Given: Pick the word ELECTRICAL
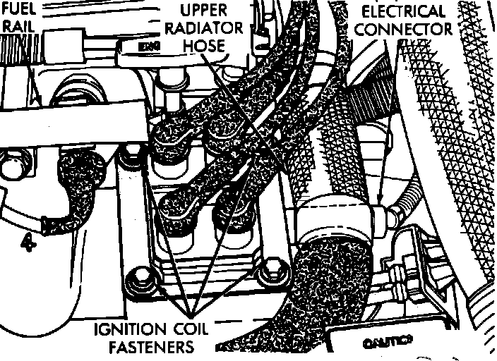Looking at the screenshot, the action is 403,11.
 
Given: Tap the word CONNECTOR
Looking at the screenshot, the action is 405,29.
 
